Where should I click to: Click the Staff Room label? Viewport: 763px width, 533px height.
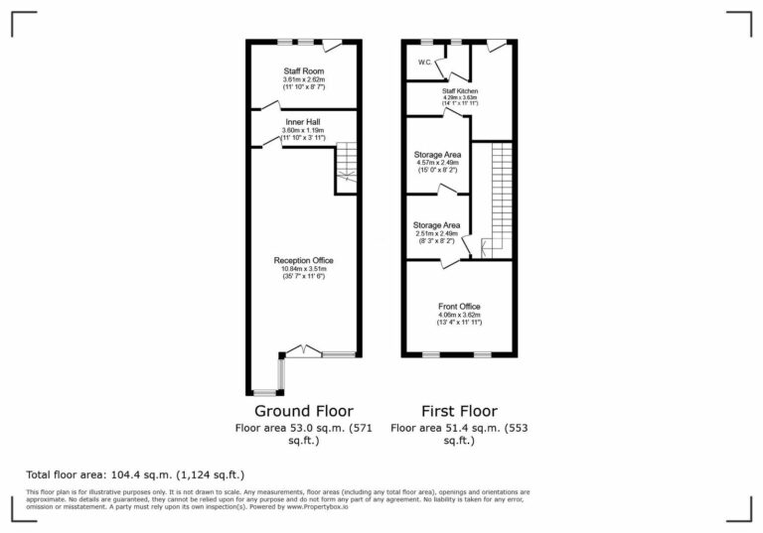tap(304, 71)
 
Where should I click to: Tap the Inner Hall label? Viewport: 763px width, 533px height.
tap(301, 122)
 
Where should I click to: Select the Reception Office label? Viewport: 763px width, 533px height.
tap(303, 260)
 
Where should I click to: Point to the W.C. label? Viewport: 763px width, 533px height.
tap(424, 63)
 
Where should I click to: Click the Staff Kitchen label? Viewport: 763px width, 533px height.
tap(460, 91)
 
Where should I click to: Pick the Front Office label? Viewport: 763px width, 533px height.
tap(459, 307)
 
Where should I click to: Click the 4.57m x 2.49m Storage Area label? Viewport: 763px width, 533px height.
tap(436, 155)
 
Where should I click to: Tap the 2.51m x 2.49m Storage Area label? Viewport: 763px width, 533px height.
tap(436, 225)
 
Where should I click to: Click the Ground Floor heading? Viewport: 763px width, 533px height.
tap(303, 411)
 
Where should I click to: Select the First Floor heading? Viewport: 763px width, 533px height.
tap(458, 411)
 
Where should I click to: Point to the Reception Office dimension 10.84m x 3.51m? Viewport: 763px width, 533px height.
tap(303, 268)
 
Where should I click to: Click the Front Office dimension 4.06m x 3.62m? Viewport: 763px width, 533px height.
tap(459, 316)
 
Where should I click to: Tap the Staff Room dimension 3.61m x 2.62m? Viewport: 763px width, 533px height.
tap(303, 80)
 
